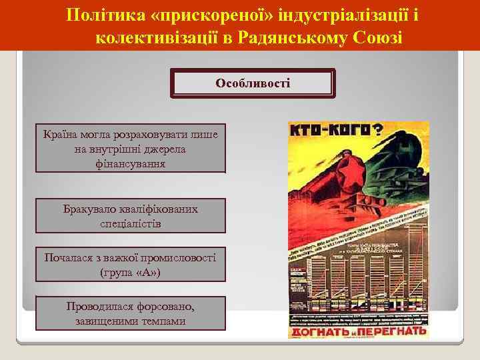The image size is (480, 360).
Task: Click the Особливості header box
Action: (x=252, y=84)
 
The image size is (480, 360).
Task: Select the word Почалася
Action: (x=67, y=258)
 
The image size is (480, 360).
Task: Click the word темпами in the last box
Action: (x=165, y=321)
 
